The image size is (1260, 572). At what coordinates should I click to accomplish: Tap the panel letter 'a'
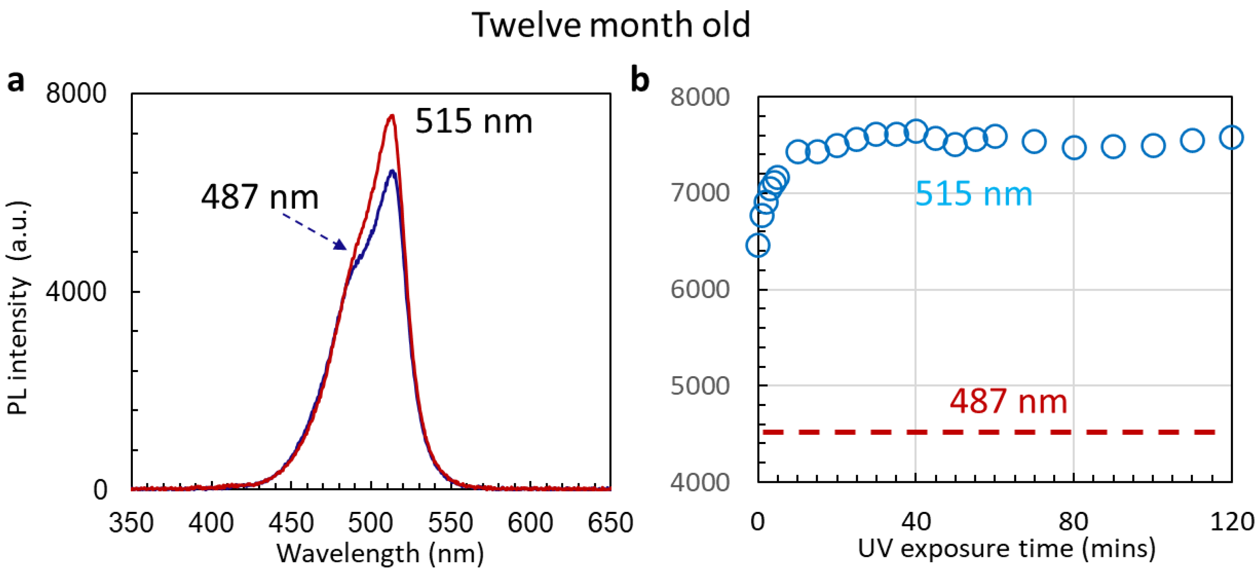16,81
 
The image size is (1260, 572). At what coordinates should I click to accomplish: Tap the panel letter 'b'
640,80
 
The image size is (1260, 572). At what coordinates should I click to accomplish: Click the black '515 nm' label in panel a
474,121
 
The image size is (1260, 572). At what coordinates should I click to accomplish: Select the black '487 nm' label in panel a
260,197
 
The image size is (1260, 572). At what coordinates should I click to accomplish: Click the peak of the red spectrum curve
391,117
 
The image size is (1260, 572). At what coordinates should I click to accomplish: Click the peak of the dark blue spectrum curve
392,171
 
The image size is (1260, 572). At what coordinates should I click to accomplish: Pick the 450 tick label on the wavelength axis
291,523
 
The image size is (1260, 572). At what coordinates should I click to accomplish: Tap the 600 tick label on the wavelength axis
530,523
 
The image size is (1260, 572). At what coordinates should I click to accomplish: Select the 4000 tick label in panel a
76,291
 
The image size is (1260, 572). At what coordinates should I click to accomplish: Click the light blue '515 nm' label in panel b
974,194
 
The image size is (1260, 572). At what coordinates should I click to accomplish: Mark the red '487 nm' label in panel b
1008,402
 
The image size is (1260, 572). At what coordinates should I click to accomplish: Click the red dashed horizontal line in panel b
988,432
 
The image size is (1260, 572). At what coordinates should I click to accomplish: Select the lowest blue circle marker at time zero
758,245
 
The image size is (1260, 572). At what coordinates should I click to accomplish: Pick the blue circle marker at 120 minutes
1231,137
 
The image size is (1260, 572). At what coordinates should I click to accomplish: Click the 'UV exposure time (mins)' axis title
1007,549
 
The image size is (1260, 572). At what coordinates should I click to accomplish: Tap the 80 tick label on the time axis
1073,522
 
